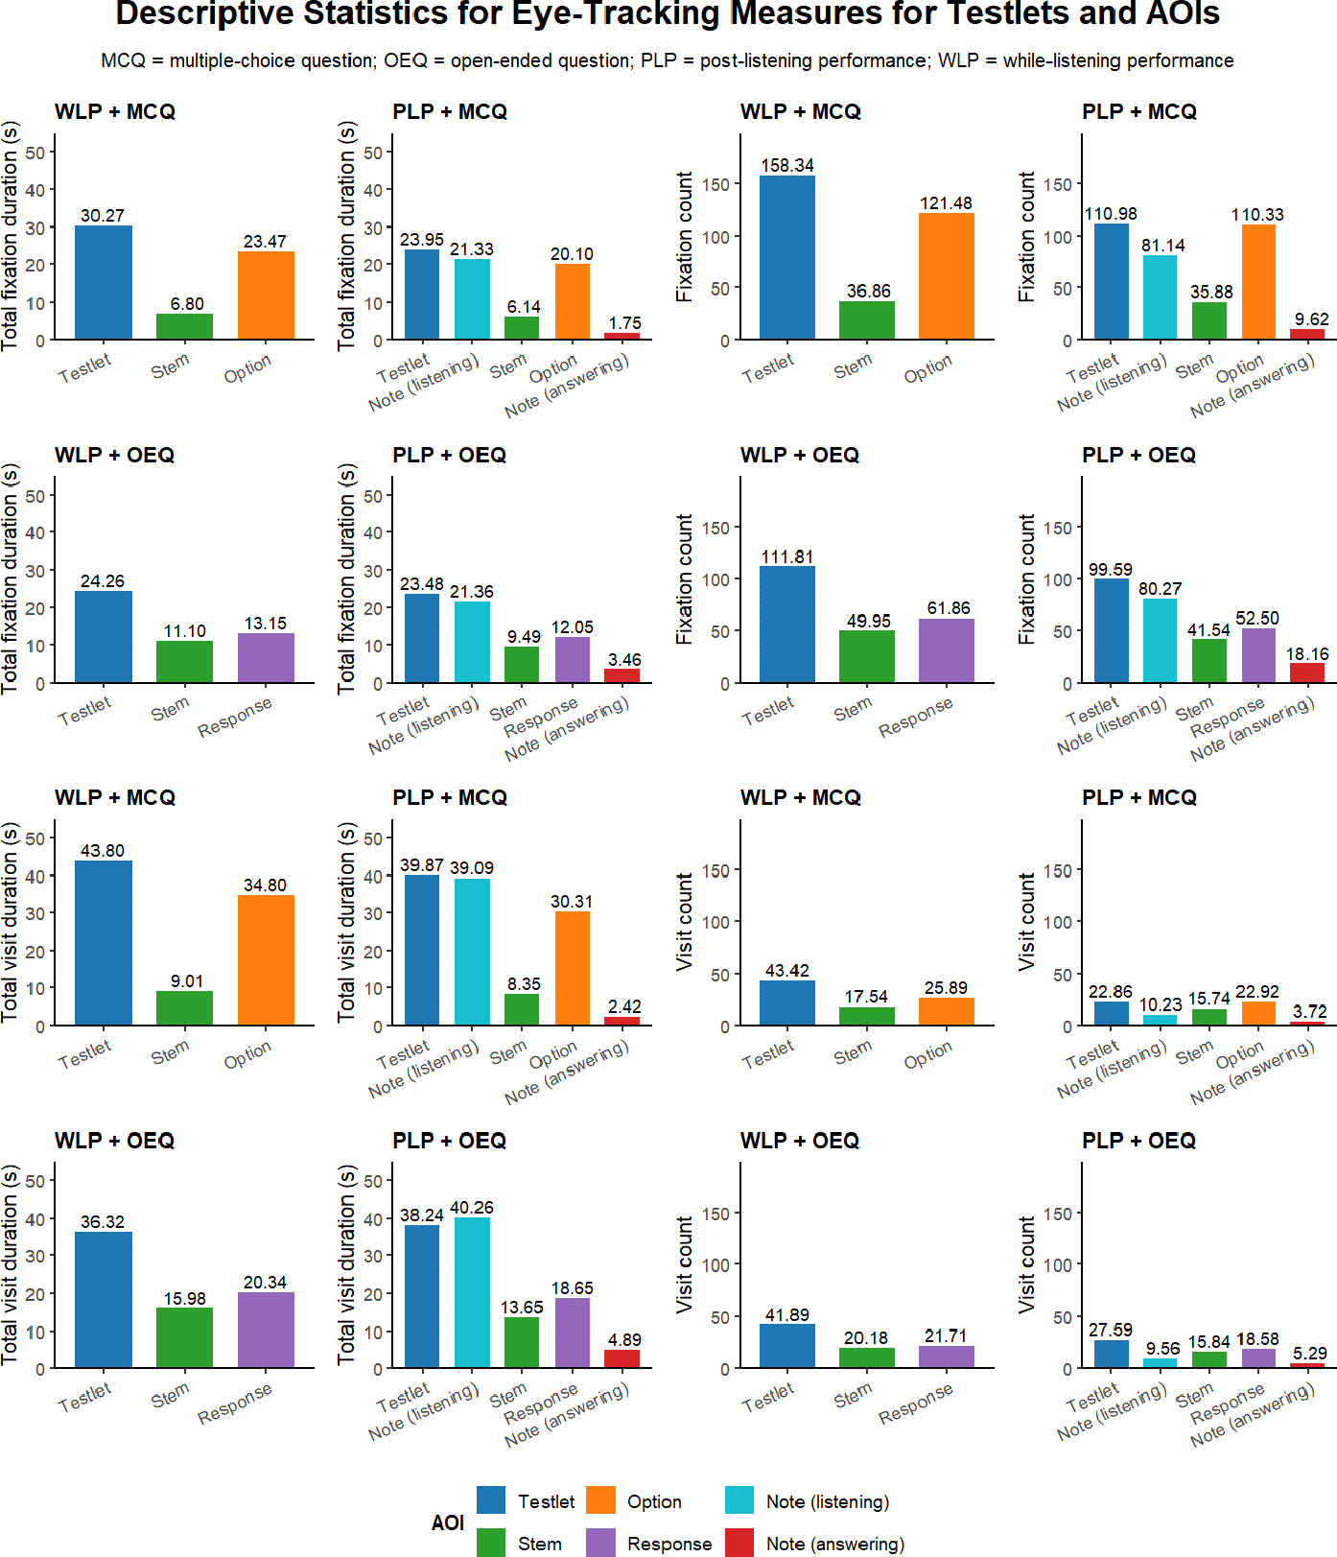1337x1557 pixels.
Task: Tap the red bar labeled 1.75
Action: tap(622, 336)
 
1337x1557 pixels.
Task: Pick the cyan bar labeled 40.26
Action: tap(472, 1292)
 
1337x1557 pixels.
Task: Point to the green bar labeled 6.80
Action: tap(184, 326)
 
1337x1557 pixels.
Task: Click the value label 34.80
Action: tap(265, 885)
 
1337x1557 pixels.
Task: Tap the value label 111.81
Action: tap(786, 557)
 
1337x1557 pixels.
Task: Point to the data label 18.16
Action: tap(1307, 654)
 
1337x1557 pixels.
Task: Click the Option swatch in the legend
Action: tap(600, 1500)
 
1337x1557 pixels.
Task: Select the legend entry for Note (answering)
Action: tap(834, 1544)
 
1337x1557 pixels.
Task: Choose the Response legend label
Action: tap(669, 1544)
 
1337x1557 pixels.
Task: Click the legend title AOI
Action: tap(448, 1522)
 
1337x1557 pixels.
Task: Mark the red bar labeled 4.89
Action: tap(622, 1358)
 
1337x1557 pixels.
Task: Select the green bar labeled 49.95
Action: tap(866, 656)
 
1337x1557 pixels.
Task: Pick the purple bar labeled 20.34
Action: tap(266, 1330)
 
